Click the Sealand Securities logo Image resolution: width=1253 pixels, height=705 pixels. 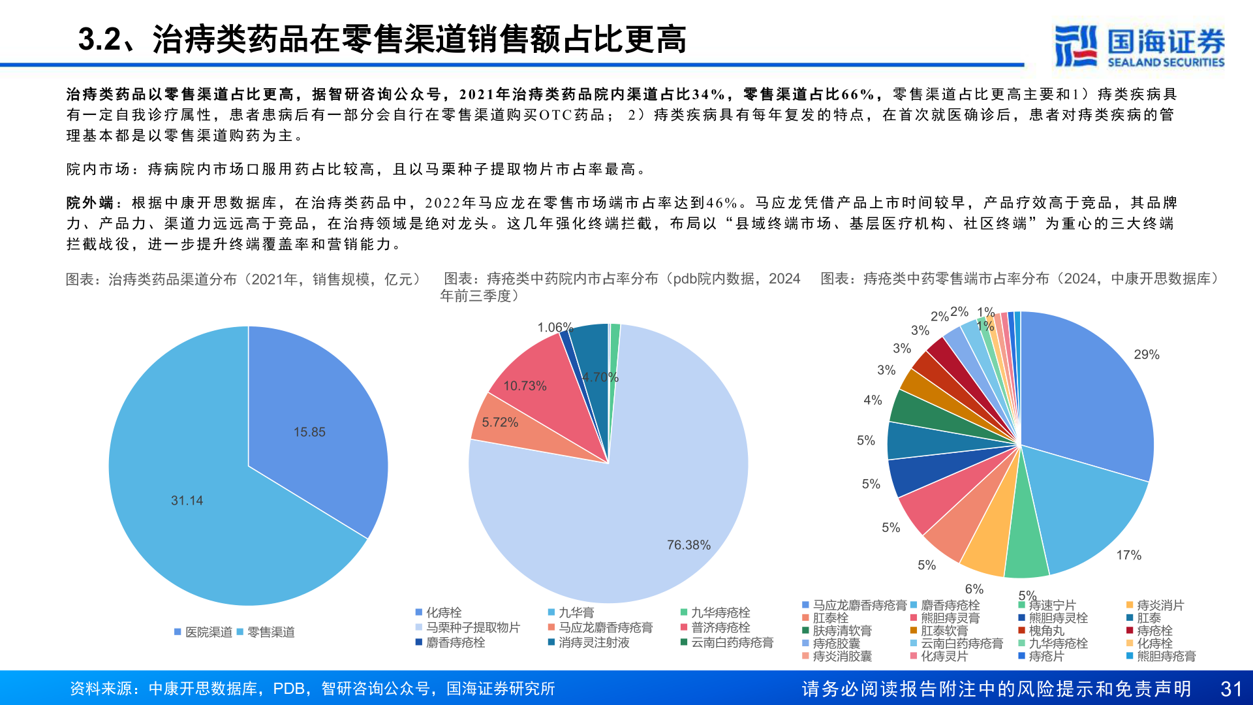(x=1139, y=46)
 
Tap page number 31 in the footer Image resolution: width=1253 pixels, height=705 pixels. (x=1231, y=689)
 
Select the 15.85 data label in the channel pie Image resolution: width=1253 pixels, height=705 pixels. (x=309, y=432)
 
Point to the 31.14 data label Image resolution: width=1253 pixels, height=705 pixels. (x=187, y=501)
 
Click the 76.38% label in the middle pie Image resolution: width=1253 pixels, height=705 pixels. (x=688, y=545)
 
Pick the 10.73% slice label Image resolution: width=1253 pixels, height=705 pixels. (x=525, y=386)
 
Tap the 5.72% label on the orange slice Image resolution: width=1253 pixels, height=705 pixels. (x=500, y=422)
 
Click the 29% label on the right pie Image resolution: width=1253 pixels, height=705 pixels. (x=1147, y=354)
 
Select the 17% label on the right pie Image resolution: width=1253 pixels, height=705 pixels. (x=1129, y=555)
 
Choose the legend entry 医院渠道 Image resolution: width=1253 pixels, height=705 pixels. (x=208, y=632)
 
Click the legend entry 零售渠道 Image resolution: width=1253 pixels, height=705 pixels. (x=271, y=632)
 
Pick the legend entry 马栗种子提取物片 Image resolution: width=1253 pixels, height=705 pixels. (x=472, y=627)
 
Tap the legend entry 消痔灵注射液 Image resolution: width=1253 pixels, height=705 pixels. (x=594, y=642)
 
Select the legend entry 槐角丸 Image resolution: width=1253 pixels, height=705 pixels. (x=1046, y=631)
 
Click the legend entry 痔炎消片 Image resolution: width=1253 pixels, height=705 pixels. (x=1160, y=605)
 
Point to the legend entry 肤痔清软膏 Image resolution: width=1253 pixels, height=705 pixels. (x=842, y=631)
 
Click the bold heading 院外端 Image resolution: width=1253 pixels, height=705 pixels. (x=90, y=203)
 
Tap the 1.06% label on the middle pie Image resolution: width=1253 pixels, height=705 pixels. (x=555, y=327)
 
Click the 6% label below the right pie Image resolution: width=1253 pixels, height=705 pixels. (x=974, y=589)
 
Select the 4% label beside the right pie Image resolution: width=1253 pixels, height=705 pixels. (x=873, y=400)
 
